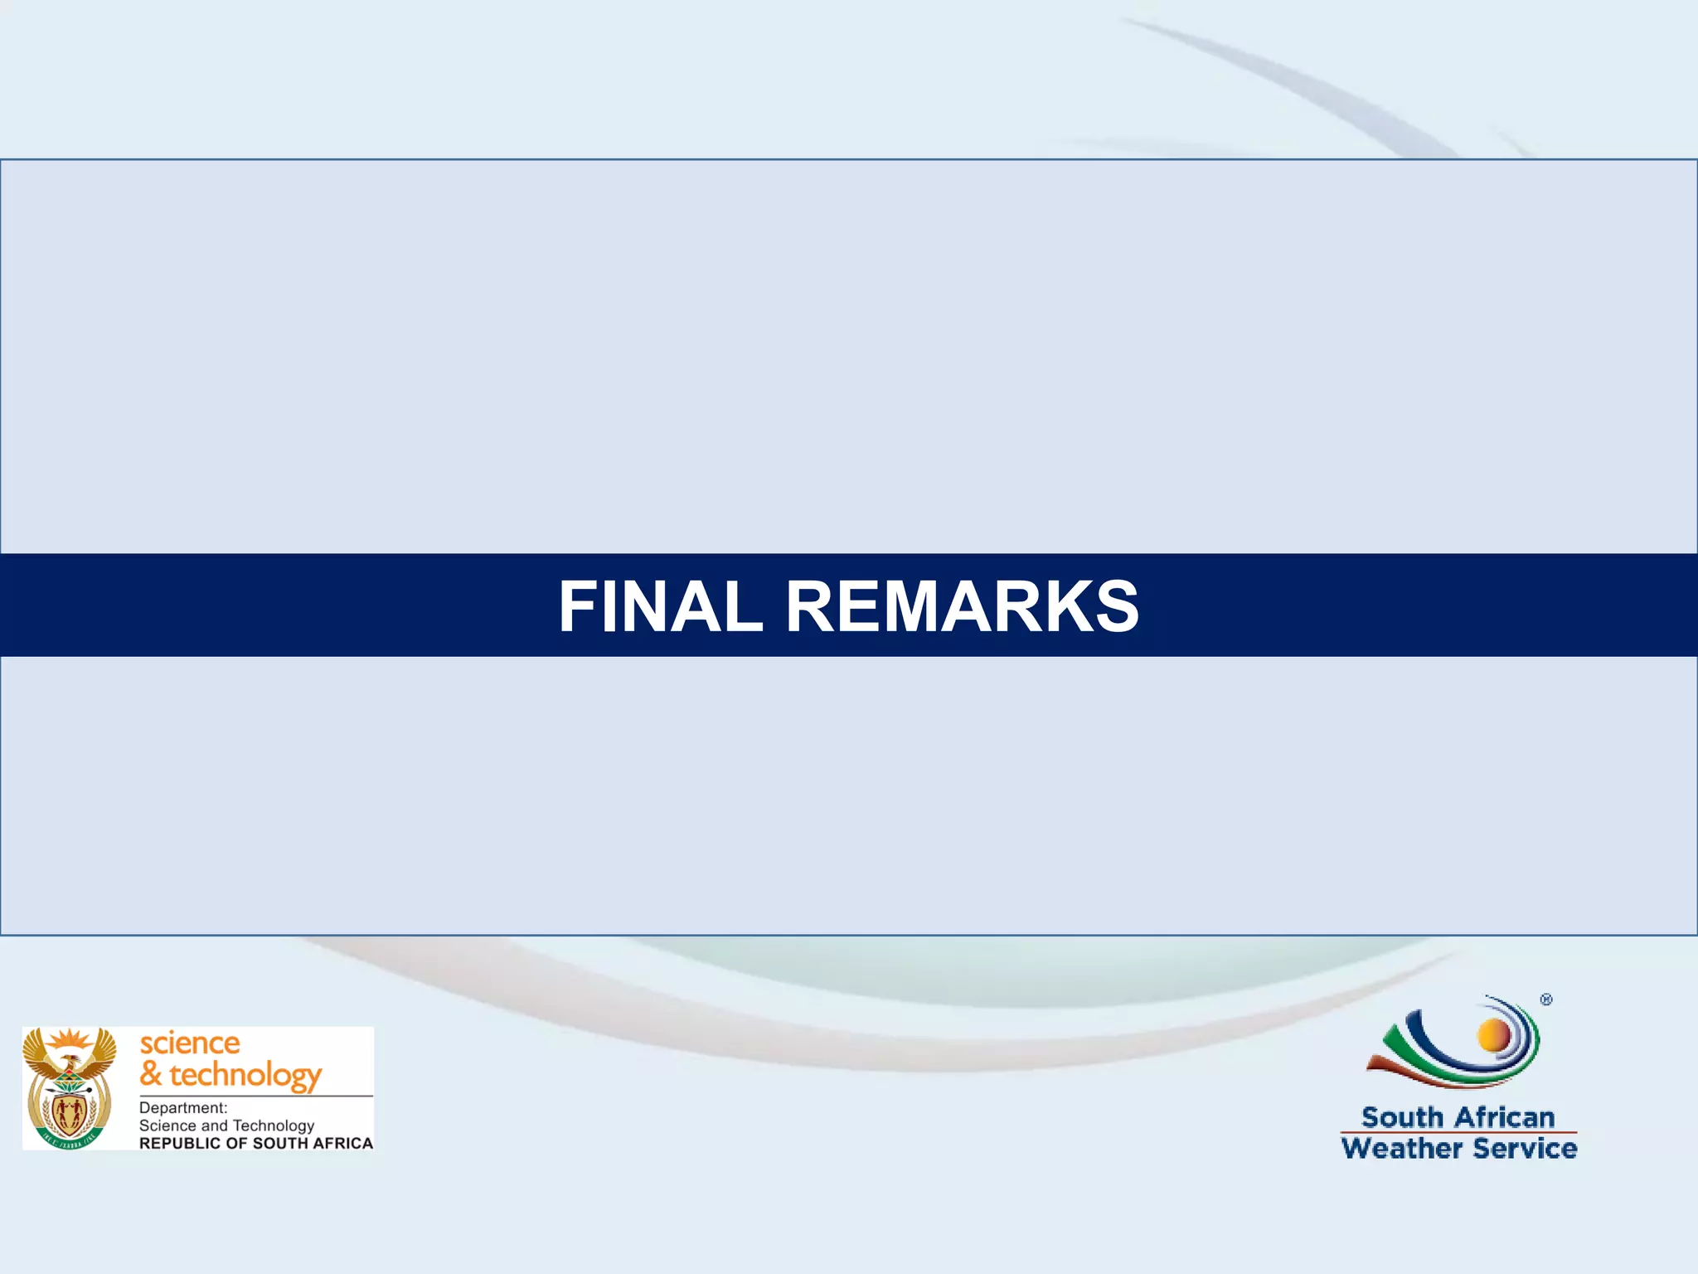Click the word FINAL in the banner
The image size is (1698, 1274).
point(660,606)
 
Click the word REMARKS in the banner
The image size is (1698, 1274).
point(962,606)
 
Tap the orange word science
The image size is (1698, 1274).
point(190,1043)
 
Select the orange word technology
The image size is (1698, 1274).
point(245,1075)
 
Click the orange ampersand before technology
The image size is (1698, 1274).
point(150,1073)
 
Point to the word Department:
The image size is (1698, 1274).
point(183,1107)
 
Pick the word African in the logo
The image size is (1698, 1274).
point(1504,1117)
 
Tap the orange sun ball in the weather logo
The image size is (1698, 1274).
point(1494,1035)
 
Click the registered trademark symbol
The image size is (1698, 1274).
point(1546,999)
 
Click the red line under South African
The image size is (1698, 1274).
point(1458,1132)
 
